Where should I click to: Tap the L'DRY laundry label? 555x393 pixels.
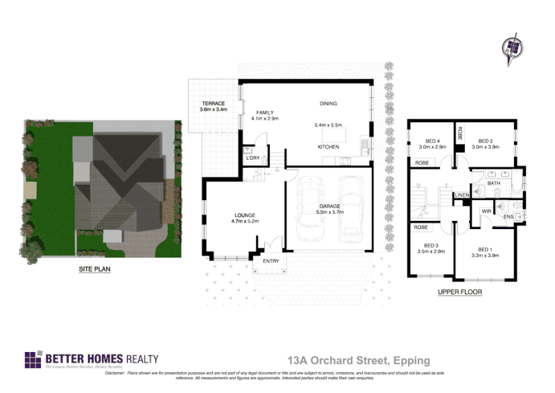click(x=253, y=158)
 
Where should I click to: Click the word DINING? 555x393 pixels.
click(x=328, y=103)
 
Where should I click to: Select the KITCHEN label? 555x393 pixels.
click(x=328, y=147)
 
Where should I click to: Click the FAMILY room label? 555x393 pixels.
click(x=264, y=112)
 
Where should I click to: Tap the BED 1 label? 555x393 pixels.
click(x=484, y=249)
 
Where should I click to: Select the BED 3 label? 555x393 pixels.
click(x=432, y=245)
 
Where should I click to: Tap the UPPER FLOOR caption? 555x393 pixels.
click(x=459, y=292)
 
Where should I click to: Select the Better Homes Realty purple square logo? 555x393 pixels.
click(x=33, y=360)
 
